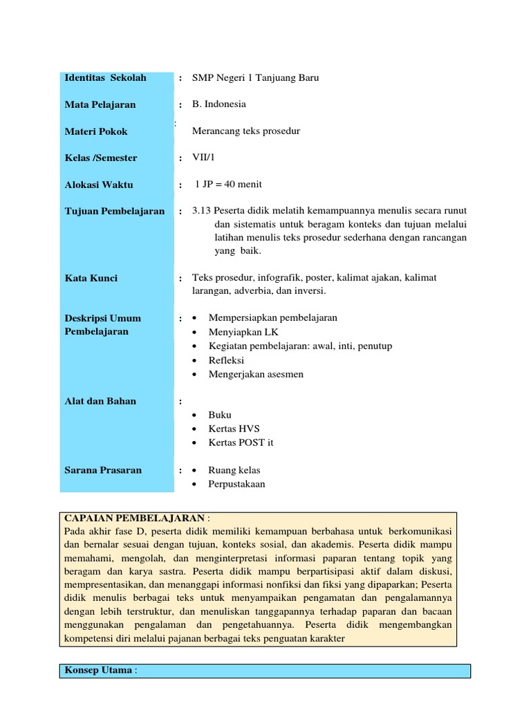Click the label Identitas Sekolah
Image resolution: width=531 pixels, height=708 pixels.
pyautogui.click(x=105, y=78)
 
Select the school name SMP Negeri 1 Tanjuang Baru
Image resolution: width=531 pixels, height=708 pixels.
pyautogui.click(x=255, y=78)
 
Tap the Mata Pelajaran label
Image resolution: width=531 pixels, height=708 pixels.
pyautogui.click(x=100, y=104)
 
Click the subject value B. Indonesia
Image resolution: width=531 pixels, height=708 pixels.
pyautogui.click(x=218, y=104)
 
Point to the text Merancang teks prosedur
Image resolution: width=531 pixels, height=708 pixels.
pyautogui.click(x=246, y=131)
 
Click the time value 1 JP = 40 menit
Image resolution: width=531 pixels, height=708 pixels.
pyautogui.click(x=228, y=185)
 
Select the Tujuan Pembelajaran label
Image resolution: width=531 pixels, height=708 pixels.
pyautogui.click(x=114, y=211)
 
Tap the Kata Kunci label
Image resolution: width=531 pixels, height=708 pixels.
pyautogui.click(x=91, y=278)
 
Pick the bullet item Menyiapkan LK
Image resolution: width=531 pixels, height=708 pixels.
pyautogui.click(x=239, y=332)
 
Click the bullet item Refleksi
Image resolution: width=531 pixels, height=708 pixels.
pyautogui.click(x=226, y=360)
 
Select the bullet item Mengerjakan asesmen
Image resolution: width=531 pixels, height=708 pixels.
pyautogui.click(x=256, y=374)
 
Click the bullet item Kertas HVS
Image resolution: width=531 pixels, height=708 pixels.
pyautogui.click(x=234, y=429)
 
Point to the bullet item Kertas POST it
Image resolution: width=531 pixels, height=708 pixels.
pyautogui.click(x=241, y=442)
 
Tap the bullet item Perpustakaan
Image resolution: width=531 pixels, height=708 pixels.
pyautogui.click(x=236, y=484)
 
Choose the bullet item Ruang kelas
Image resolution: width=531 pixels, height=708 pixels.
pyautogui.click(x=234, y=470)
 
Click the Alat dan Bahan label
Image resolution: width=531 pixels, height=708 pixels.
pyautogui.click(x=100, y=401)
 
